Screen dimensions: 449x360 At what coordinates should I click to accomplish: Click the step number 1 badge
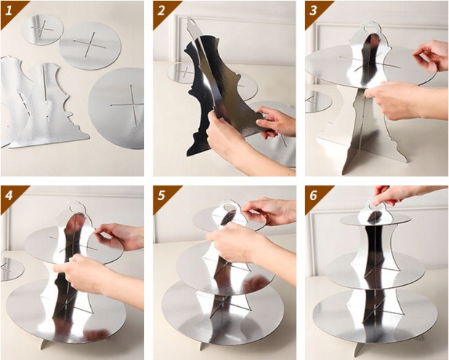pyautogui.click(x=10, y=11)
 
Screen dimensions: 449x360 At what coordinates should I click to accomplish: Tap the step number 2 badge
pyautogui.click(x=163, y=11)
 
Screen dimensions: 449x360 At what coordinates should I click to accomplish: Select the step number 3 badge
pyautogui.click(x=315, y=11)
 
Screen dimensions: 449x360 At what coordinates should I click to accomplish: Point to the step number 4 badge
pyautogui.click(x=10, y=196)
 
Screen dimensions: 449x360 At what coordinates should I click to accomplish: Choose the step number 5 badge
pyautogui.click(x=163, y=196)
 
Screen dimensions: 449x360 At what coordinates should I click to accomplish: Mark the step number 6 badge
pyautogui.click(x=315, y=196)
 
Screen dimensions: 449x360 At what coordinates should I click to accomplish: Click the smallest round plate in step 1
pyautogui.click(x=43, y=30)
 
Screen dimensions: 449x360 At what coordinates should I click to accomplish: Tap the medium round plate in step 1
pyautogui.click(x=91, y=46)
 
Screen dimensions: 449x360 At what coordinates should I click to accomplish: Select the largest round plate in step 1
pyautogui.click(x=116, y=108)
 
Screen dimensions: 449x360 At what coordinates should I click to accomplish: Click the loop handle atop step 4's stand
pyautogui.click(x=76, y=205)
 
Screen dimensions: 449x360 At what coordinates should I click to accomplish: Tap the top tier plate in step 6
pyautogui.click(x=376, y=219)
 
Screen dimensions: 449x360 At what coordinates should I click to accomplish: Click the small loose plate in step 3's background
pyautogui.click(x=317, y=102)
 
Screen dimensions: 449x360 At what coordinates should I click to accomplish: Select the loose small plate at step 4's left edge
pyautogui.click(x=11, y=269)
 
